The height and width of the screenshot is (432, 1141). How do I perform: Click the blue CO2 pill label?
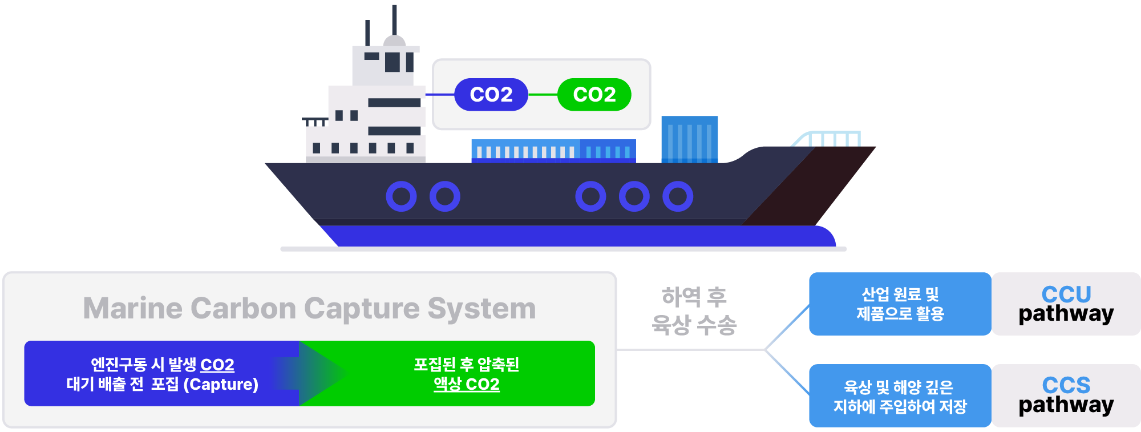pos(491,95)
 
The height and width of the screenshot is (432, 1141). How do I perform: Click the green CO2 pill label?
pos(594,95)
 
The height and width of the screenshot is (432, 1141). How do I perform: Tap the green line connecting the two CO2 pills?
pos(543,95)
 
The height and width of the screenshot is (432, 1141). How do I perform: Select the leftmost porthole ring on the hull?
pos(401,196)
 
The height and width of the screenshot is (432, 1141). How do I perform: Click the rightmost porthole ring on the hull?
pos(678,196)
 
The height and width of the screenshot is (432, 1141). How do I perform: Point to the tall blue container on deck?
pos(689,139)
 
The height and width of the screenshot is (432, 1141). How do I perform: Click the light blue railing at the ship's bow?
pos(827,138)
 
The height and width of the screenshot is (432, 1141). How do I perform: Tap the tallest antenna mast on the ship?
pos(394,20)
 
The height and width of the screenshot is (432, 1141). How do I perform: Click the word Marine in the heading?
pos(132,308)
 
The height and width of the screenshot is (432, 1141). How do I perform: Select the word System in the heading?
pos(482,308)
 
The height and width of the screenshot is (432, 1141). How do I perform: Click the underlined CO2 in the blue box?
pos(217,365)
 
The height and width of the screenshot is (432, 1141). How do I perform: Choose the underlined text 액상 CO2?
pos(467,384)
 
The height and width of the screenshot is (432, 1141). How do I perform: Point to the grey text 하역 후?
pos(694,297)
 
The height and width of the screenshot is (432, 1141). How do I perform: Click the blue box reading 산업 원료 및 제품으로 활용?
pos(900,304)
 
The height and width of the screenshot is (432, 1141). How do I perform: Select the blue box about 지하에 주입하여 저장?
pos(900,396)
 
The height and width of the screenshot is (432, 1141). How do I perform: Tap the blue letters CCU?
pos(1066,294)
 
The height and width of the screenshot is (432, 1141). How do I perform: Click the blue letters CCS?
pos(1066,385)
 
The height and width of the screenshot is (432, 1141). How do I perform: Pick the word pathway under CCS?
pos(1066,405)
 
